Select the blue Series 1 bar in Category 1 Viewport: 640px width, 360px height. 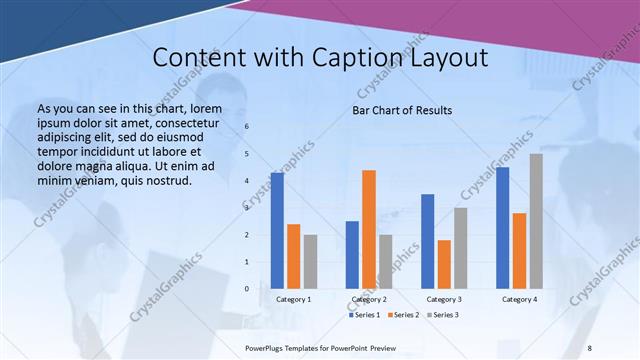(x=277, y=231)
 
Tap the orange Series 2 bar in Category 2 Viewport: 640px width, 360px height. (x=369, y=229)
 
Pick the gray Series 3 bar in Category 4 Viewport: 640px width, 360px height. (x=536, y=221)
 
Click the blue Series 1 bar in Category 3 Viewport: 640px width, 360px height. (x=428, y=241)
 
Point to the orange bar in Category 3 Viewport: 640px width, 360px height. (x=444, y=264)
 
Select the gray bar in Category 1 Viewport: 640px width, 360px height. (x=310, y=262)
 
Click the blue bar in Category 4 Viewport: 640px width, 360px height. (x=503, y=228)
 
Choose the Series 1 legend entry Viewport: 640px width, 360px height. (x=364, y=315)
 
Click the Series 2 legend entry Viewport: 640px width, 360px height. (x=403, y=315)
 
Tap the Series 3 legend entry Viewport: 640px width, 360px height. (x=442, y=315)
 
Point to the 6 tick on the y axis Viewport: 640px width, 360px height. (x=247, y=127)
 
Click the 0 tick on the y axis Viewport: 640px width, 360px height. (x=247, y=289)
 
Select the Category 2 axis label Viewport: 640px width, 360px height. (x=369, y=299)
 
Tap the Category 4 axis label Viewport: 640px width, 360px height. (x=519, y=299)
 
